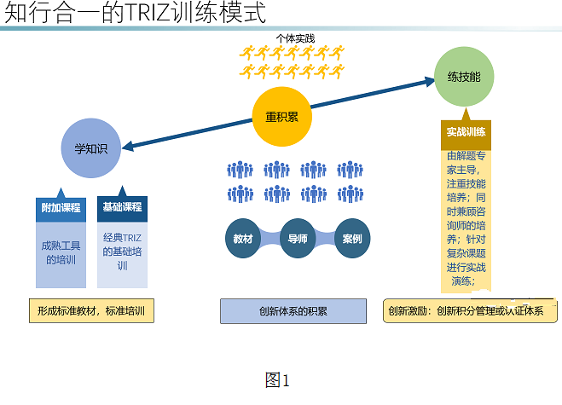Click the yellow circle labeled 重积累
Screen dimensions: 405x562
click(281, 116)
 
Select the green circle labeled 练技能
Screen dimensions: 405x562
click(464, 77)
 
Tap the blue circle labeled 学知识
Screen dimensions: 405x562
click(90, 148)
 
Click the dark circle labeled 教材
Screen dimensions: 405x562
click(243, 239)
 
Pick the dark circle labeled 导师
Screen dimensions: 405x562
click(298, 239)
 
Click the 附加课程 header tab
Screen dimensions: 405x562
click(61, 207)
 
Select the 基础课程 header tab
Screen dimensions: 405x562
click(122, 207)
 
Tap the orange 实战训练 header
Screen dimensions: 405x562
click(466, 132)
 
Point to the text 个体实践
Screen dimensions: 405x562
click(295, 38)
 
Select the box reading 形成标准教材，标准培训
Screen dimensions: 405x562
click(91, 310)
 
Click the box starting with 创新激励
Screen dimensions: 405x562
click(466, 310)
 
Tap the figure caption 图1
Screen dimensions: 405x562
click(278, 380)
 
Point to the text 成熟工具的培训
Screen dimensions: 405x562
click(61, 252)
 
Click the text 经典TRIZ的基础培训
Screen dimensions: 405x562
click(122, 252)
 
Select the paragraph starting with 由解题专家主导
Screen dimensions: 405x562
click(467, 218)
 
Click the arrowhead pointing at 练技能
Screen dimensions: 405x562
click(430, 82)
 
